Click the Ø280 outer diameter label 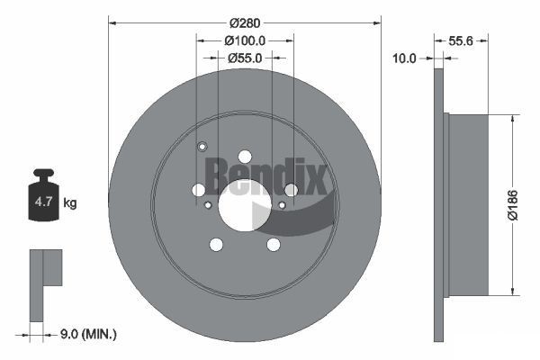pyautogui.click(x=245, y=21)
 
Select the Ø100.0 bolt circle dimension pyautogui.click(x=245, y=40)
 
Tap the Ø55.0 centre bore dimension pyautogui.click(x=245, y=58)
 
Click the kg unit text pyautogui.click(x=70, y=203)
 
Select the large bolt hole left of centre pyautogui.click(x=199, y=189)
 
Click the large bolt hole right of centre pyautogui.click(x=291, y=189)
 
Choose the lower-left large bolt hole pyautogui.click(x=216, y=244)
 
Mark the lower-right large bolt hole pyautogui.click(x=273, y=244)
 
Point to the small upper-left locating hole pyautogui.click(x=202, y=148)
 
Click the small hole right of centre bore pyautogui.click(x=282, y=205)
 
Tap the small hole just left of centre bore pyautogui.click(x=208, y=205)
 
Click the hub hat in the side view pyautogui.click(x=468, y=203)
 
